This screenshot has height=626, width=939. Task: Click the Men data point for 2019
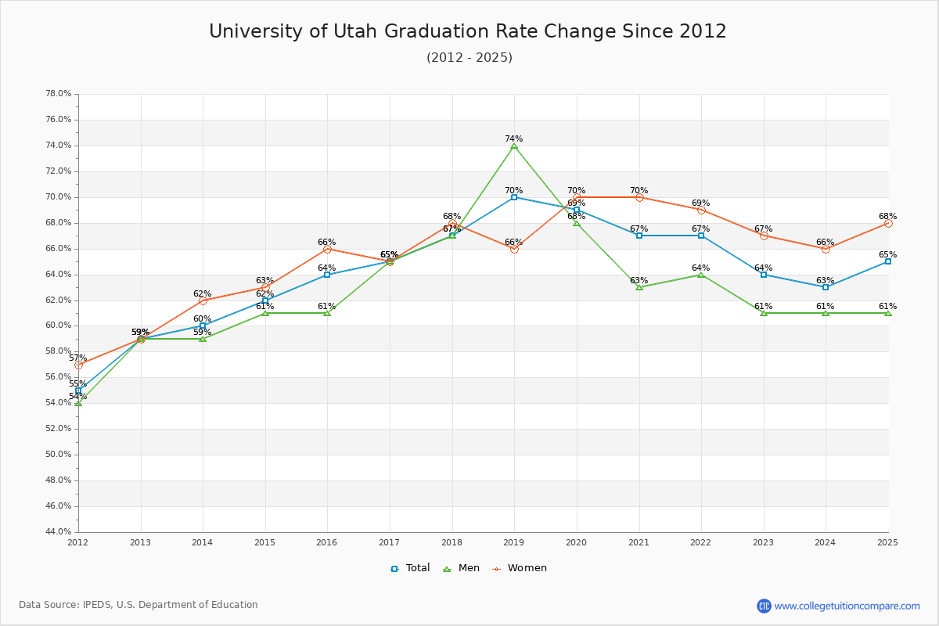[514, 146]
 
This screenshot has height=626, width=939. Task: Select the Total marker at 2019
[514, 197]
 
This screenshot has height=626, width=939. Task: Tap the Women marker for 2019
[514, 249]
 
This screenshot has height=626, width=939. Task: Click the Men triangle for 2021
[639, 287]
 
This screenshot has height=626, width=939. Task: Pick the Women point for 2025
[888, 223]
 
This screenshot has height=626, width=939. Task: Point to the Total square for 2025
[888, 261]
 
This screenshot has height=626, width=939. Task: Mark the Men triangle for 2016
[327, 313]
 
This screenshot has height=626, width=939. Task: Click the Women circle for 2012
[78, 365]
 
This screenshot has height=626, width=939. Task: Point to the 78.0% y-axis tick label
[59, 94]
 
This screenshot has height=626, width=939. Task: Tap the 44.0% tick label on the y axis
[59, 532]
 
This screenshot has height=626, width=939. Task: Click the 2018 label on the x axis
[452, 542]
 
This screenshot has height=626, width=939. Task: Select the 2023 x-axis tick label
[763, 542]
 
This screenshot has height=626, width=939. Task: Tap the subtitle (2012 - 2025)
[469, 58]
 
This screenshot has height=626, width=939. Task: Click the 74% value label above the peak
[513, 139]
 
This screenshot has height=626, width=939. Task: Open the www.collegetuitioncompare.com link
[847, 606]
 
